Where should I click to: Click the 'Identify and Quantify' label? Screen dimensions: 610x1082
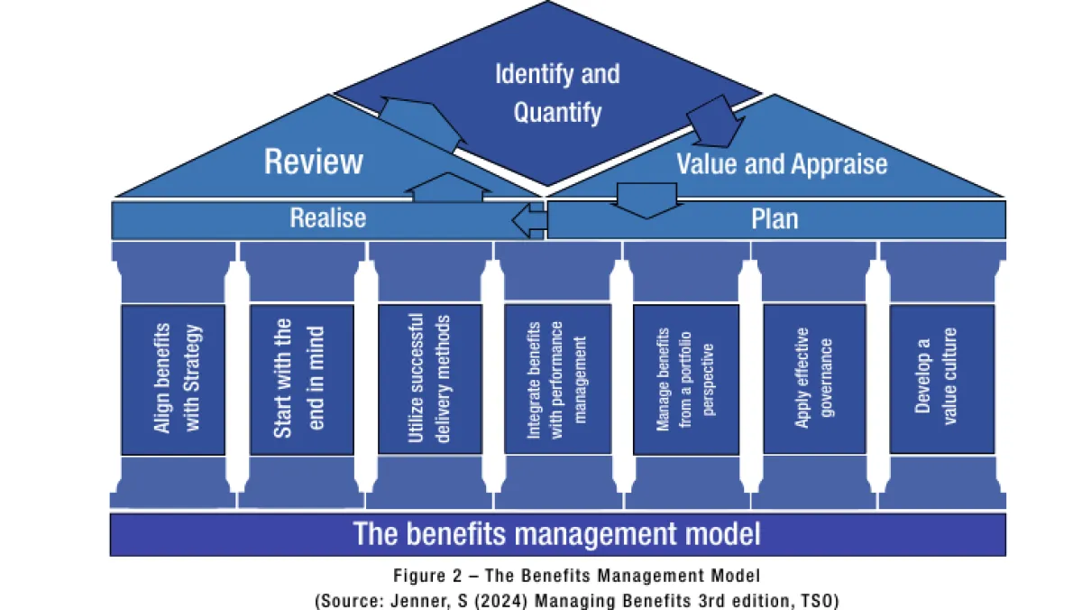tap(557, 93)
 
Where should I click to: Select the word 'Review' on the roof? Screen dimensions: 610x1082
tap(313, 162)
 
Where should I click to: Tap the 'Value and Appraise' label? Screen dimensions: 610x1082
tap(781, 164)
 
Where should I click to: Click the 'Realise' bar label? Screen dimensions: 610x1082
tap(327, 218)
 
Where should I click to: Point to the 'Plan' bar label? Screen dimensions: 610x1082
tap(775, 219)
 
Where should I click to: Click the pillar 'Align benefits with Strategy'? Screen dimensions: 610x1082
tap(173, 379)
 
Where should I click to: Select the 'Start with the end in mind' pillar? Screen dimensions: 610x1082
tap(301, 379)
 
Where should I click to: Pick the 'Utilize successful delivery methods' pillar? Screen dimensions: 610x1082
tap(429, 378)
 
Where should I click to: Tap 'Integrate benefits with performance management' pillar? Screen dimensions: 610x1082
tap(557, 378)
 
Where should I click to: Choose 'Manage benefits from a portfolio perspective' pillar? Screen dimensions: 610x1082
tap(685, 379)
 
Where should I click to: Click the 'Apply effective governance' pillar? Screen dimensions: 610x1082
tap(814, 378)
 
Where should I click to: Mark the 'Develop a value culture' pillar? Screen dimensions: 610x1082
tap(941, 378)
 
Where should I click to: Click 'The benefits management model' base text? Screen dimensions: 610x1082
tap(557, 533)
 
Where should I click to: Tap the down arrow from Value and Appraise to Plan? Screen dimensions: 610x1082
tap(648, 199)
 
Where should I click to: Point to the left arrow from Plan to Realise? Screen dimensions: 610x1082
tap(529, 219)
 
